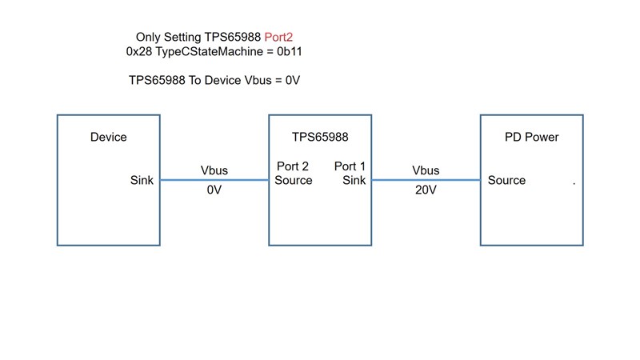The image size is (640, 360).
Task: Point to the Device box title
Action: point(108,137)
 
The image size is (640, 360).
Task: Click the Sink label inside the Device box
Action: point(142,180)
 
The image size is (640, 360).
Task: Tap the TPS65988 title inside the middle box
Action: point(319,137)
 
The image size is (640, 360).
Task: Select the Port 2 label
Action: point(293,166)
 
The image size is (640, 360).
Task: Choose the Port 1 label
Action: point(350,166)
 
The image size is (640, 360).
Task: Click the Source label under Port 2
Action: point(294,180)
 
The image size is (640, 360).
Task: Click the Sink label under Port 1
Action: point(354,180)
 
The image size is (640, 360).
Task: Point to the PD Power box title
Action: point(531,137)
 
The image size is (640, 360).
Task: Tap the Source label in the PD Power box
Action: point(507,180)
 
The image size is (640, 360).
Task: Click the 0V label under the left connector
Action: point(214,191)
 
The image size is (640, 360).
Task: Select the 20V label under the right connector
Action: point(426,191)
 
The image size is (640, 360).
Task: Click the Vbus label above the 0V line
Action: point(214,170)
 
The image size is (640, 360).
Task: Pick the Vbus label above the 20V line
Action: point(426,170)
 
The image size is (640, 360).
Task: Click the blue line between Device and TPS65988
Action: point(214,180)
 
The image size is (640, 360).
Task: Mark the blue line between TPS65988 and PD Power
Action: point(426,180)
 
